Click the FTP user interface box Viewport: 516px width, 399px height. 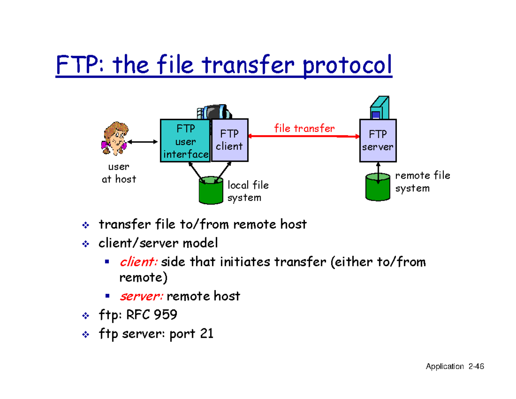click(185, 141)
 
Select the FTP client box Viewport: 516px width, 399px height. click(230, 140)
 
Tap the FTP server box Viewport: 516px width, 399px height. click(377, 140)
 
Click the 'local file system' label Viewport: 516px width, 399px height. click(248, 191)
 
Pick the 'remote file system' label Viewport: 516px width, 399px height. click(422, 182)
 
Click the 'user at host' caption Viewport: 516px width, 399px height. click(118, 173)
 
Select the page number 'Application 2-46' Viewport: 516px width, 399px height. click(455, 367)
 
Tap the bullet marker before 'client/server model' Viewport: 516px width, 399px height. click(85, 244)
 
